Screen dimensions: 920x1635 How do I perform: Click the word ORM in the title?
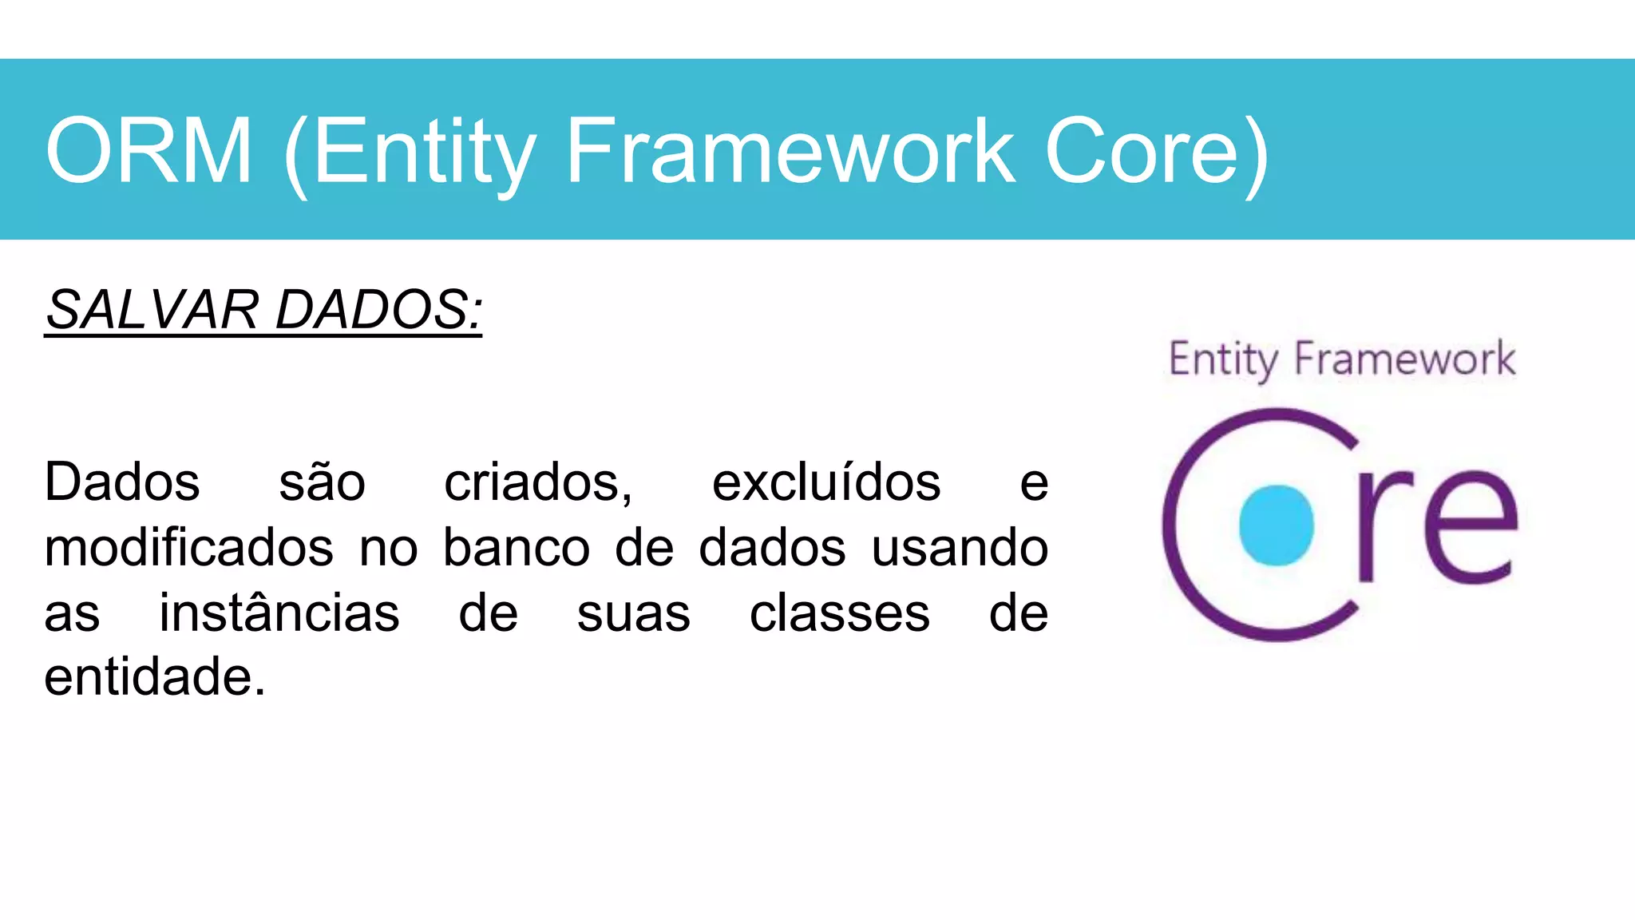(x=149, y=150)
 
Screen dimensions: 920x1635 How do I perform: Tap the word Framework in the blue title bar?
(x=790, y=150)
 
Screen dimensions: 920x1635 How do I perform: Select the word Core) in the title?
(x=1156, y=150)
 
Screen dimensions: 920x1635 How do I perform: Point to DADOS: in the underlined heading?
(x=379, y=309)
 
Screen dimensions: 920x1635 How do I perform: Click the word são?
(x=322, y=483)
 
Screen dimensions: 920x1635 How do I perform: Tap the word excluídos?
(x=826, y=483)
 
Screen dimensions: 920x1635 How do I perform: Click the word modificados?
(x=188, y=549)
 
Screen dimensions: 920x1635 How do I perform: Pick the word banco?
(x=517, y=549)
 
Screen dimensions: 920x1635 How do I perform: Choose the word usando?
(x=960, y=549)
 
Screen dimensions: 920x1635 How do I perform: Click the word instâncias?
(x=279, y=613)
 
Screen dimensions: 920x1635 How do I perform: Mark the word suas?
(x=634, y=615)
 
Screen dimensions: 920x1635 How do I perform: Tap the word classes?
(x=840, y=613)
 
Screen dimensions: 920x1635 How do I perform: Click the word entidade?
(x=154, y=677)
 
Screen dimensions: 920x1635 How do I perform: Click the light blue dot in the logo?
(x=1276, y=525)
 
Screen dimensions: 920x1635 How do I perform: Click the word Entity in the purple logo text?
(x=1222, y=359)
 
